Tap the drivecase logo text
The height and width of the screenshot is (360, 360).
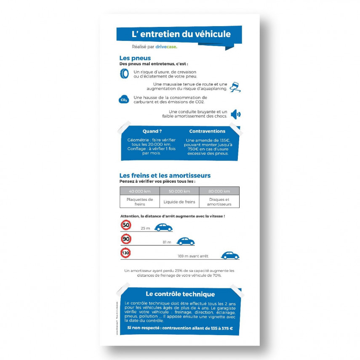tap(166, 47)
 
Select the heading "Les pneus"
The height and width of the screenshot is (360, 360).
tap(135, 58)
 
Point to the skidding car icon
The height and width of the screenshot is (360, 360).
tap(235, 87)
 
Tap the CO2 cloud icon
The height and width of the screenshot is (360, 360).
tap(124, 100)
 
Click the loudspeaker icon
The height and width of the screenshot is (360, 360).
tap(236, 114)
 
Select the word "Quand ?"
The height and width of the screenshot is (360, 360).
tap(152, 131)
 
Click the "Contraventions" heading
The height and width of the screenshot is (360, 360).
tap(207, 131)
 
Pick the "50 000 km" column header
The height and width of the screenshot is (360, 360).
tap(179, 191)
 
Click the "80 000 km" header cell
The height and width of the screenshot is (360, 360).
tap(219, 191)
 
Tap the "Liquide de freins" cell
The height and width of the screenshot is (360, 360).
tap(179, 202)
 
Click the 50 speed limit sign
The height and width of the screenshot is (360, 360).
tap(126, 225)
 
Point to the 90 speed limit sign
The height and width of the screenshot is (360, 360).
tap(126, 239)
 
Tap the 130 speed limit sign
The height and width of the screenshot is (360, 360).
tap(125, 253)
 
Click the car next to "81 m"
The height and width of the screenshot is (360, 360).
tap(185, 241)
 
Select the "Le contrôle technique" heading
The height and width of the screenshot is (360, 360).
tap(180, 294)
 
